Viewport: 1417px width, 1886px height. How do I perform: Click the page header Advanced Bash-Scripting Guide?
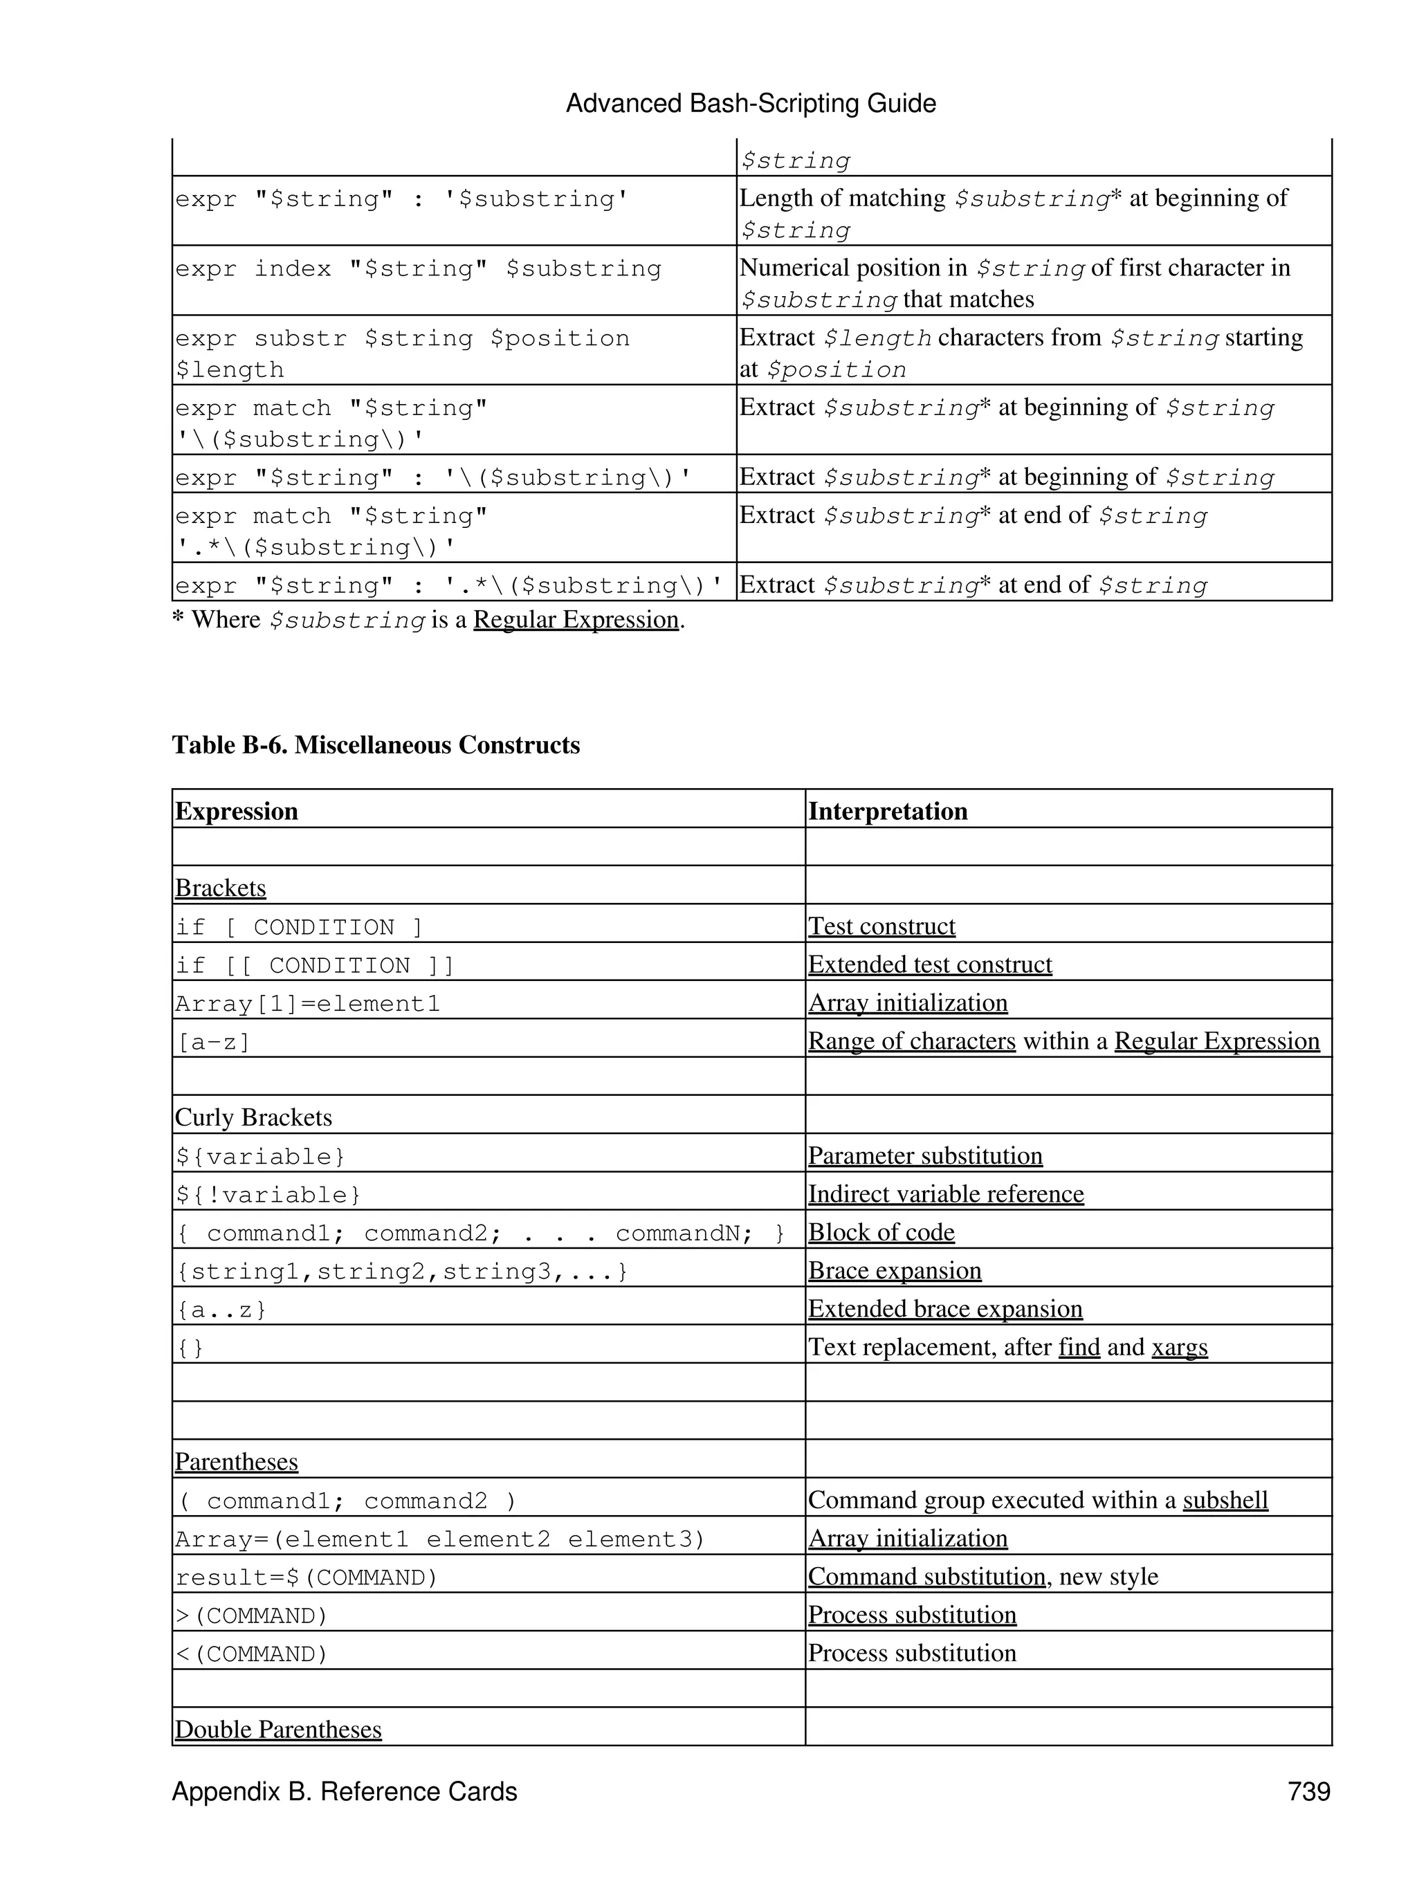pos(750,104)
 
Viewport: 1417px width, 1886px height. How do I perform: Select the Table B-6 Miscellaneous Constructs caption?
pos(376,745)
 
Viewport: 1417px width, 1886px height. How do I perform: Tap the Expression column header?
pos(236,811)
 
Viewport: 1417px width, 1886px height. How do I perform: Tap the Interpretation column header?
pos(888,811)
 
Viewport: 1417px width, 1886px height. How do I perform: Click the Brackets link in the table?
pos(220,888)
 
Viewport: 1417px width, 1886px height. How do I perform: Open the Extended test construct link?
pos(929,964)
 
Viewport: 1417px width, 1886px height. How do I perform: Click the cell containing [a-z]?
pos(213,1042)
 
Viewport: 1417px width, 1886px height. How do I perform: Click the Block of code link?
pos(881,1232)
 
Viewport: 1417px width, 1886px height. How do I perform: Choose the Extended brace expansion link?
pos(944,1309)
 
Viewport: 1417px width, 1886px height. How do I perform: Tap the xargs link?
pos(1179,1347)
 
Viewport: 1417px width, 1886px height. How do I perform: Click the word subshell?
pos(1225,1500)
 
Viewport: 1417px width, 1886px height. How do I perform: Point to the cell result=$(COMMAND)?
pos(306,1577)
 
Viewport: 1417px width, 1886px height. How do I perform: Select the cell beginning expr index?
pos(418,269)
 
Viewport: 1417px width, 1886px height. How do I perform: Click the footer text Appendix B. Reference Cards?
pos(345,1791)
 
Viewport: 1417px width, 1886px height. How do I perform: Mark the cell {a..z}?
pos(221,1310)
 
